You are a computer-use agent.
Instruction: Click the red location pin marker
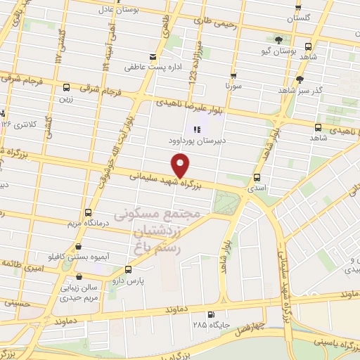tap(181, 166)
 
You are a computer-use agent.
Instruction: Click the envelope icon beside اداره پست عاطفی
tap(153, 57)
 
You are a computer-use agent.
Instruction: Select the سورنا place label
tap(233, 85)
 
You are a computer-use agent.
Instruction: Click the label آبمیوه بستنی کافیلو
tap(77, 257)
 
